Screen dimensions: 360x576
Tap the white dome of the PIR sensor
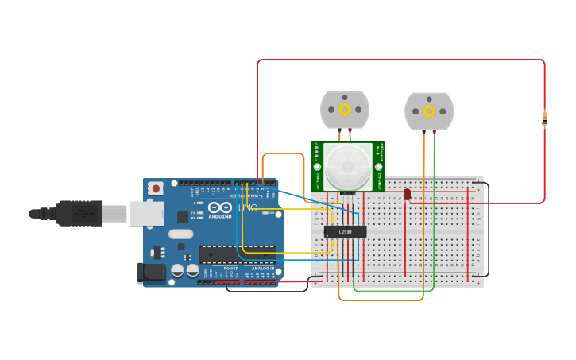click(347, 166)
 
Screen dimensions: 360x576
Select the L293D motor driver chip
click(346, 232)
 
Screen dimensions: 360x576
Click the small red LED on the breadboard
click(407, 194)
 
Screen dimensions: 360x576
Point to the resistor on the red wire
click(544, 118)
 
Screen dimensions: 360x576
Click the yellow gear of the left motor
click(345, 110)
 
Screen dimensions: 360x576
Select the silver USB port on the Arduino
click(146, 213)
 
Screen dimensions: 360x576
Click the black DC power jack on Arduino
click(152, 273)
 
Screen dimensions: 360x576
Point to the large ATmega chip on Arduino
click(238, 255)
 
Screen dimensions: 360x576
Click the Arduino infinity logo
click(220, 207)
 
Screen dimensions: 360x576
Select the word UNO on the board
click(248, 208)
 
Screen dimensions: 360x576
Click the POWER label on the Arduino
click(230, 269)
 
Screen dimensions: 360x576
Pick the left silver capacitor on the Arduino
click(178, 270)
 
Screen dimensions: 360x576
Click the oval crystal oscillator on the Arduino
click(180, 234)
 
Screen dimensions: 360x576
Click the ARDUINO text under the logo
click(220, 216)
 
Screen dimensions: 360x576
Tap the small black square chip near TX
click(183, 216)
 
